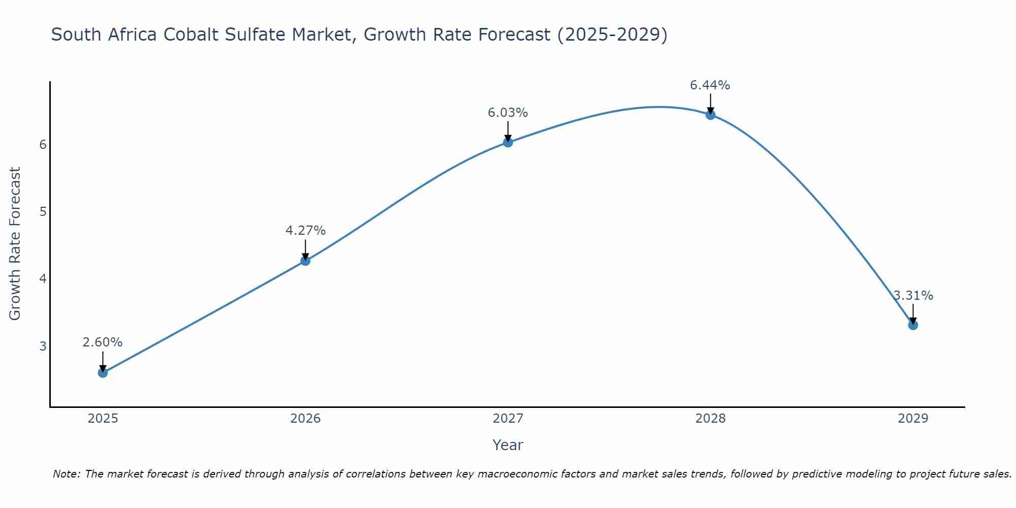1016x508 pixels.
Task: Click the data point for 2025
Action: [x=103, y=373]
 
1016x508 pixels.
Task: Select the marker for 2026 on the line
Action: [x=305, y=261]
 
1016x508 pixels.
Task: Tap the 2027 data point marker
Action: [x=508, y=142]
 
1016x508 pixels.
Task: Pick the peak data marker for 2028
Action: [x=711, y=115]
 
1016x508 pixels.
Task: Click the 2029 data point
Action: [x=913, y=325]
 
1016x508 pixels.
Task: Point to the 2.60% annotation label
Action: [x=103, y=342]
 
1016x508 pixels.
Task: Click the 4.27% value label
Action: [x=305, y=231]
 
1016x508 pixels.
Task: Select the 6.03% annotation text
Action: [x=508, y=113]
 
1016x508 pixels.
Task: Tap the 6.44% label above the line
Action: [x=710, y=85]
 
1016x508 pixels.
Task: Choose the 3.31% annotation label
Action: [x=913, y=296]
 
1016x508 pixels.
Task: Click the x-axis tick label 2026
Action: [x=305, y=419]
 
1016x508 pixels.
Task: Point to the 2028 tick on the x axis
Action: [x=711, y=419]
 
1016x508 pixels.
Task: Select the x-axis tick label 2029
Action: [x=913, y=419]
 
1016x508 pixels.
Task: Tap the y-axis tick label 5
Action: [x=43, y=211]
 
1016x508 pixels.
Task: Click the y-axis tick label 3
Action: [x=43, y=346]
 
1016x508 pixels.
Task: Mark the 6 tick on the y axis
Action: [x=43, y=145]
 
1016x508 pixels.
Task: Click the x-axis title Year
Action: [x=508, y=445]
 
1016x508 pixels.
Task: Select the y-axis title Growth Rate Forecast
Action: [x=15, y=244]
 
